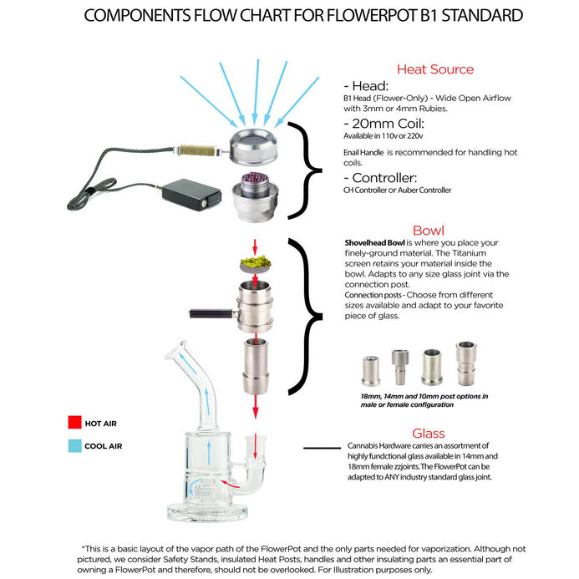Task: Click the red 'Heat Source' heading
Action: (434, 69)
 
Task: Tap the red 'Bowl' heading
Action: (428, 230)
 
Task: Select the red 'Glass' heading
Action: (428, 433)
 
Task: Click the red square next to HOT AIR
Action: (74, 424)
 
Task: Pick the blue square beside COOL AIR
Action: (74, 446)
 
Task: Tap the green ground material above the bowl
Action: (255, 262)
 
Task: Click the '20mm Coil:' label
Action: (383, 121)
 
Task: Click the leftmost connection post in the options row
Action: (369, 368)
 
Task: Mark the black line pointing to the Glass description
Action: (322, 448)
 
